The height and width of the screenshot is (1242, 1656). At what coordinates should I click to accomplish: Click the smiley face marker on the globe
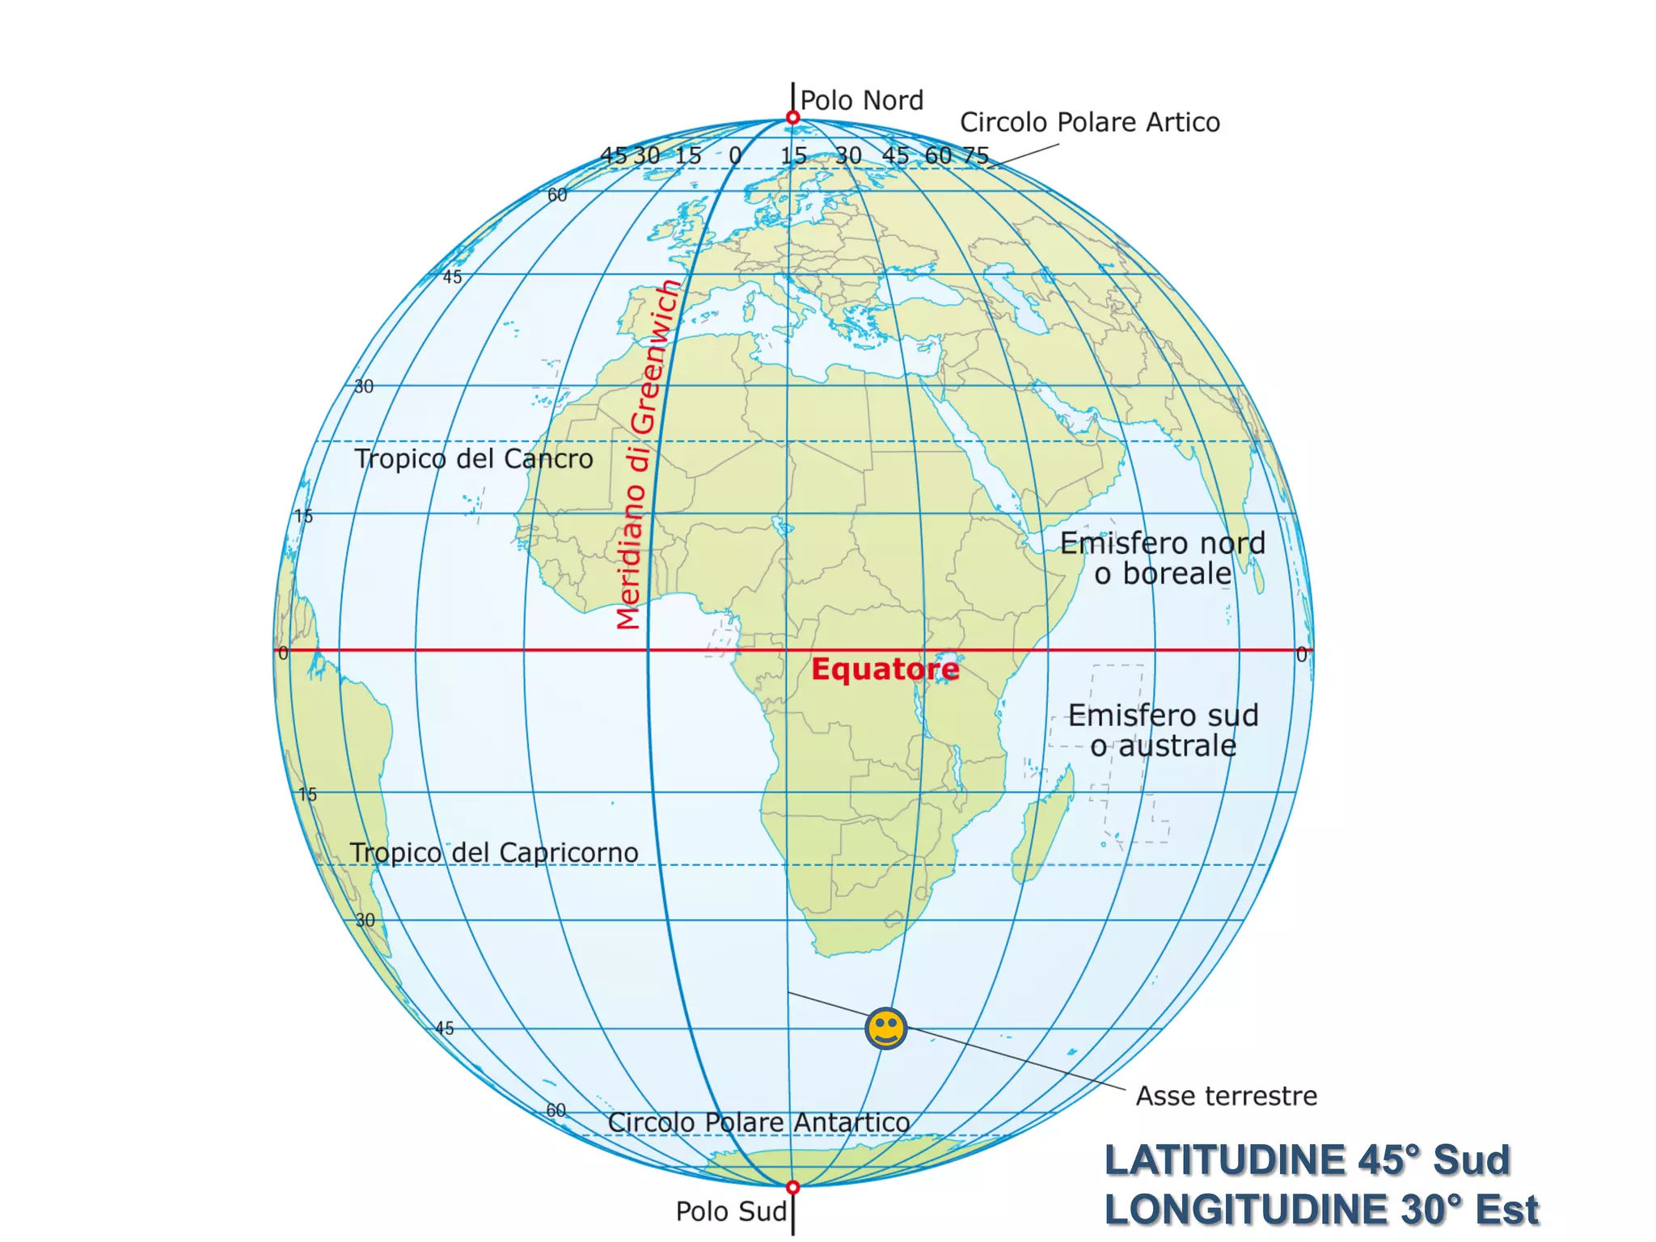(885, 1029)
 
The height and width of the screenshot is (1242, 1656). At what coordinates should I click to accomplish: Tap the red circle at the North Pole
(792, 118)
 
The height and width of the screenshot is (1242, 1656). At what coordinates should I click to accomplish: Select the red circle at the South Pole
(792, 1187)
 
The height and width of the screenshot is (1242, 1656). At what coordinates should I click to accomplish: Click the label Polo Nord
(861, 100)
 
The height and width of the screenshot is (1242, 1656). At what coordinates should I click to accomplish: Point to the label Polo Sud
(730, 1211)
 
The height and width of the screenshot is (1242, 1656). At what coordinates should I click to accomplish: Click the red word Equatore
(885, 670)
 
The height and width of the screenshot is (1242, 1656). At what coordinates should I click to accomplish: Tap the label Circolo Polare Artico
(1089, 122)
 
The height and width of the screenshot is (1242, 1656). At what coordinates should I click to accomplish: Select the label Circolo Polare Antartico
(758, 1122)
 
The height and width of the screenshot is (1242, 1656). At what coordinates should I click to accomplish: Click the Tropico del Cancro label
(474, 458)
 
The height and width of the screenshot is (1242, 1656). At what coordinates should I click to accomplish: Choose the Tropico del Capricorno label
(494, 852)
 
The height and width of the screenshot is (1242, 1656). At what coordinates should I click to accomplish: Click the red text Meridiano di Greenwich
(647, 453)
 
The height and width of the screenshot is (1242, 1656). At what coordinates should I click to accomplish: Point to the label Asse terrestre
(1226, 1096)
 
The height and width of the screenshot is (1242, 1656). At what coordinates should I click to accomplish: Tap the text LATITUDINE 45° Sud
(1307, 1160)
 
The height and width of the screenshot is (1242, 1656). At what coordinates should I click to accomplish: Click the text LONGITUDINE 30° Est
(1321, 1210)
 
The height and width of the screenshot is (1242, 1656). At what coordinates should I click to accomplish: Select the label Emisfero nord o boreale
(1163, 558)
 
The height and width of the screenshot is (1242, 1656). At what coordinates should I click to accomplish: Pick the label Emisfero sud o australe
(1163, 730)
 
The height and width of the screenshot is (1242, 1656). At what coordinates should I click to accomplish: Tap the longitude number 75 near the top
(976, 154)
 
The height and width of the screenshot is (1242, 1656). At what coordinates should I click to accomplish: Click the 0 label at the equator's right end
(1301, 654)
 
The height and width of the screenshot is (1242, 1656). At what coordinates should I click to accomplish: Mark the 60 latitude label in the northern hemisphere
(557, 195)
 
